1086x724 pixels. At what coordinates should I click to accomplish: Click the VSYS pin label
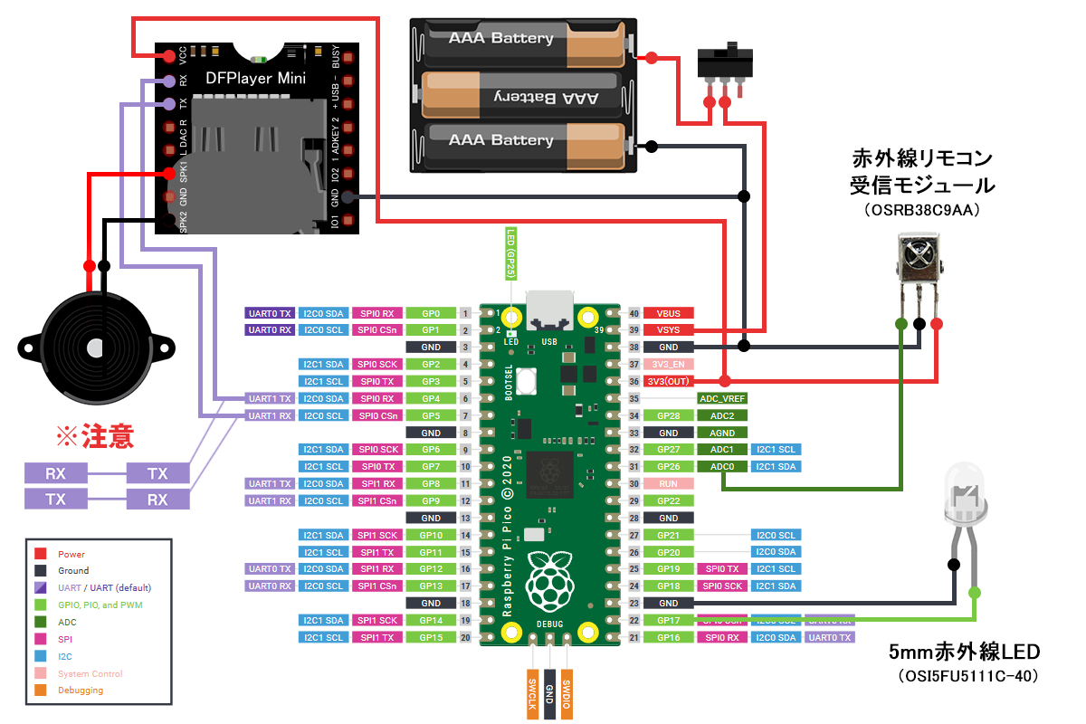pyautogui.click(x=669, y=330)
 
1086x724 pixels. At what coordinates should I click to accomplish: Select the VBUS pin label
pyautogui.click(x=669, y=313)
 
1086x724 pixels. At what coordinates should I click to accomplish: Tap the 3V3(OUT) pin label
pyautogui.click(x=669, y=381)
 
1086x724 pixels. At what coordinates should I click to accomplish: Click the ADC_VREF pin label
pyautogui.click(x=722, y=398)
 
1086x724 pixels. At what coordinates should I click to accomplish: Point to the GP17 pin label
pyautogui.click(x=669, y=620)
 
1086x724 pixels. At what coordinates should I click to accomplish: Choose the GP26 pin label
pyautogui.click(x=669, y=466)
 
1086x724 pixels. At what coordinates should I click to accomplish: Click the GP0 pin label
pyautogui.click(x=430, y=313)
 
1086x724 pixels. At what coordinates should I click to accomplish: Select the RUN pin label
pyautogui.click(x=669, y=483)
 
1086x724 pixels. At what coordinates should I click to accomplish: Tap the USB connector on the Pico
pyautogui.click(x=550, y=311)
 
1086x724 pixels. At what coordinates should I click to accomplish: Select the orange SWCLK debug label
pyautogui.click(x=532, y=693)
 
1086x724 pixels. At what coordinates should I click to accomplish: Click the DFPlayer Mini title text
pyautogui.click(x=255, y=79)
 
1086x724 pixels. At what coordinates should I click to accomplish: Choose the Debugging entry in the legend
pyautogui.click(x=81, y=691)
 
